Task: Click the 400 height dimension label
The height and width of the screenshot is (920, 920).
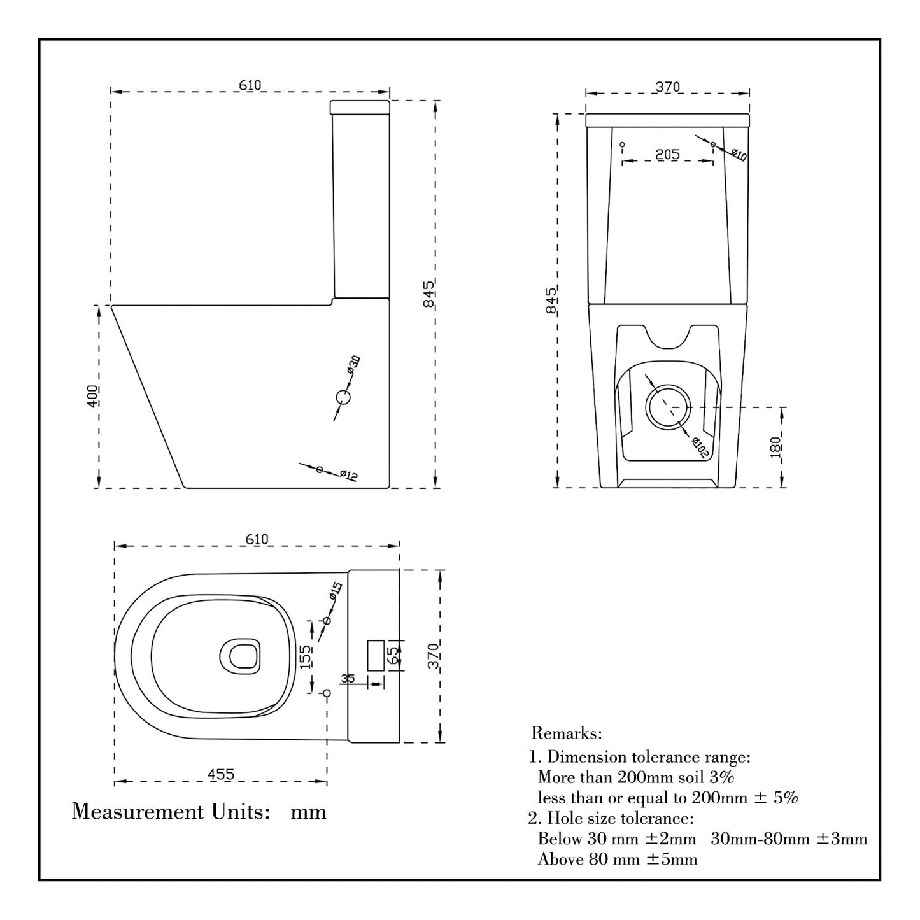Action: click(94, 396)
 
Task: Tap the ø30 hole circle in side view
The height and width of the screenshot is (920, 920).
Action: click(343, 397)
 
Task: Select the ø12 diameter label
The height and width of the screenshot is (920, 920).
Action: click(349, 475)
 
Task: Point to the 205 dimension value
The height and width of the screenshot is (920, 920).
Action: click(667, 154)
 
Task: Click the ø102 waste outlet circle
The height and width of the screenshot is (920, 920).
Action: click(668, 406)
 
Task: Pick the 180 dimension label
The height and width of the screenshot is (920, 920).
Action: click(775, 447)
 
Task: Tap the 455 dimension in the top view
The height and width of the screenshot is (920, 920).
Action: click(221, 774)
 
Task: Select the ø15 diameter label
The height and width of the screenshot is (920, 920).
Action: click(336, 591)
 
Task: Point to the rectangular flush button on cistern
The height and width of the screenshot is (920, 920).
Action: click(374, 655)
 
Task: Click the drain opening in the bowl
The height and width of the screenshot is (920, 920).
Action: click(240, 656)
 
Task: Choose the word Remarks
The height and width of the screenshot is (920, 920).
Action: click(566, 733)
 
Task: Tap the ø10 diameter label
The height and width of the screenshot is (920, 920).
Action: click(739, 154)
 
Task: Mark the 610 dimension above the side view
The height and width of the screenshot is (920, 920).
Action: click(250, 85)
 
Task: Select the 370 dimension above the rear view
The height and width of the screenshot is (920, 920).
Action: click(668, 87)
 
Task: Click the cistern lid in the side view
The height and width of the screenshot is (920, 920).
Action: click(360, 106)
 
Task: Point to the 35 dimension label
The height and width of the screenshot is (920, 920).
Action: click(348, 679)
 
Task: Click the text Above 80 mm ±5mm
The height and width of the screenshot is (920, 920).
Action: click(617, 860)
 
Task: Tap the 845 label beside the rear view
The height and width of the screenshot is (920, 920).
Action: click(551, 300)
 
